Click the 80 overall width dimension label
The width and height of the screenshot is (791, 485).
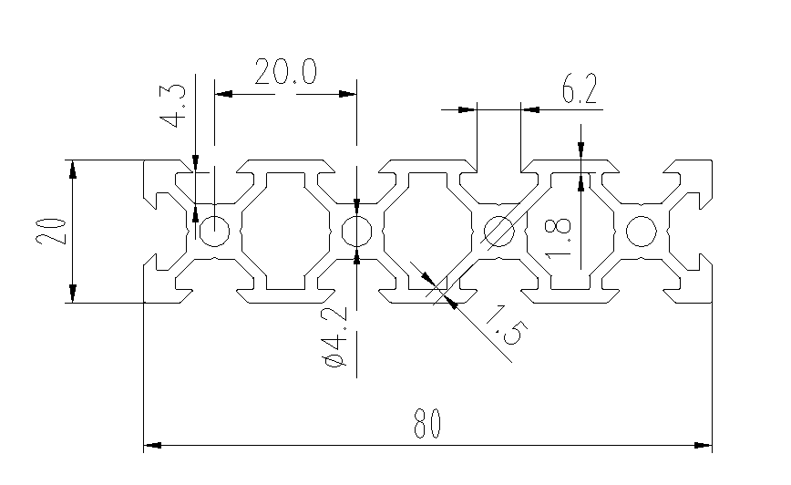426,423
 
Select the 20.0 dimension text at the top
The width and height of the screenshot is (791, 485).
285,72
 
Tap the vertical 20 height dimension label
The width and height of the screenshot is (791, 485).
51,232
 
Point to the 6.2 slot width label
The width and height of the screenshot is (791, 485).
580,88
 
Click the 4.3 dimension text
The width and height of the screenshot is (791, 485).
173,106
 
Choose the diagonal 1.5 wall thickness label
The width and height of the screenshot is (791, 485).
506,325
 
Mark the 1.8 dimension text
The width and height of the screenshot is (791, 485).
558,238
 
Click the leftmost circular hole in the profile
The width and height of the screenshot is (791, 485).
214,231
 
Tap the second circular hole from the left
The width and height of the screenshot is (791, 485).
356,231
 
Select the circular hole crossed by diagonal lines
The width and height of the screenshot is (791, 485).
498,231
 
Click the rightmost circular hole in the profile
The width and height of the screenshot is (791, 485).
642,231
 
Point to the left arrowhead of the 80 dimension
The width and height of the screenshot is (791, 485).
152,445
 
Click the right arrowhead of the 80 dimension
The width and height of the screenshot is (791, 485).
704,445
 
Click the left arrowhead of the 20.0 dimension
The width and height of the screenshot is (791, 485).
223,94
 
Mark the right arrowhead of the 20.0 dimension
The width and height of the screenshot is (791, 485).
347,94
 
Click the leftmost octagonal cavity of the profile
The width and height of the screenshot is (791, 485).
285,232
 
